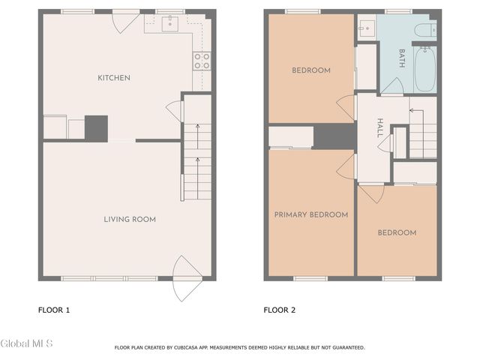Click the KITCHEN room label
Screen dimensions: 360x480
[x=114, y=78]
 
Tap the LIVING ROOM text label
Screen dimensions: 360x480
[x=129, y=219]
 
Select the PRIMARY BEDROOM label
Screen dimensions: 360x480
[x=310, y=214]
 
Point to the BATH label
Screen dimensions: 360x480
[x=402, y=59]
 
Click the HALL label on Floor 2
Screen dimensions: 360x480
[x=381, y=124]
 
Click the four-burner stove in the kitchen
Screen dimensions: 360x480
[x=201, y=61]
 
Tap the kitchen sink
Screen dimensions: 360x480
[x=169, y=25]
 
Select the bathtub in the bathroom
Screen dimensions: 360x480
[x=424, y=69]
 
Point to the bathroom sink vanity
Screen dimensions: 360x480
[x=366, y=29]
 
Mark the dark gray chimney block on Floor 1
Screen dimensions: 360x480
[x=96, y=127]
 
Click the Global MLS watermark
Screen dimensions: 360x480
[x=26, y=343]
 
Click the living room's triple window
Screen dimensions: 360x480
[x=109, y=278]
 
